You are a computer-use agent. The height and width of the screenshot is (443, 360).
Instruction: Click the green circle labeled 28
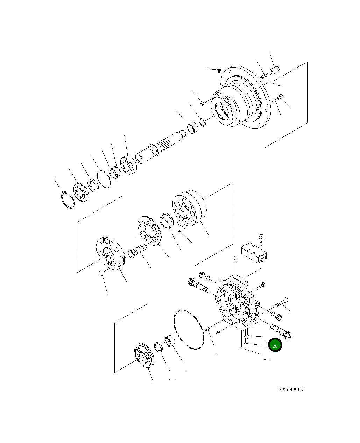(275, 346)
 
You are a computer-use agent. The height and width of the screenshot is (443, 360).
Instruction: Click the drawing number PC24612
(291, 389)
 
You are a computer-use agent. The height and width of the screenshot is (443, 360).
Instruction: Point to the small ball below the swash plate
(102, 273)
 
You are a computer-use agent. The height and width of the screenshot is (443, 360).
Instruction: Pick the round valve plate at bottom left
(143, 356)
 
